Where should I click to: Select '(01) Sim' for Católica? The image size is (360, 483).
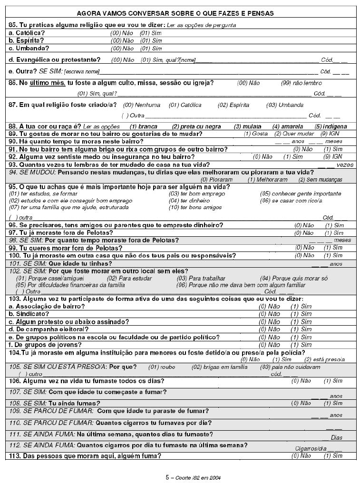coord(151,33)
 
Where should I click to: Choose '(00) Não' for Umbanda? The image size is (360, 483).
coord(122,48)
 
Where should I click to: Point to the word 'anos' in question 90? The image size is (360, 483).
coord(298,142)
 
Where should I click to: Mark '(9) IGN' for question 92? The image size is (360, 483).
coord(333,157)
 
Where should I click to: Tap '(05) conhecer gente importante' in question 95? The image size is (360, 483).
coord(300,194)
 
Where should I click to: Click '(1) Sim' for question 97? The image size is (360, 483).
coord(334,233)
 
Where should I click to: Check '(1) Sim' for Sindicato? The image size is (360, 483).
coord(301,314)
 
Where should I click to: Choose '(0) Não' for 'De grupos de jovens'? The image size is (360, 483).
coord(269,345)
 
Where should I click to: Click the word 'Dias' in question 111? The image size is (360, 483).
coord(336,437)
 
